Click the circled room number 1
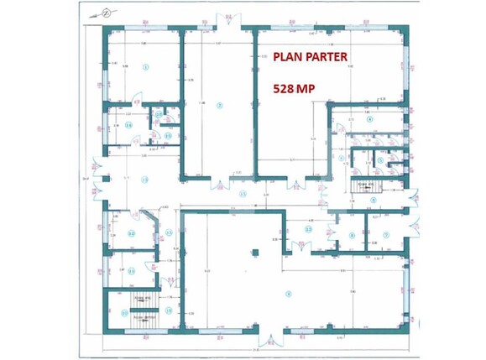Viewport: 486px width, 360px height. tap(145, 65)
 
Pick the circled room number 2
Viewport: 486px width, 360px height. tap(220, 106)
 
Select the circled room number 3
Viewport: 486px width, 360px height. tap(289, 293)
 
